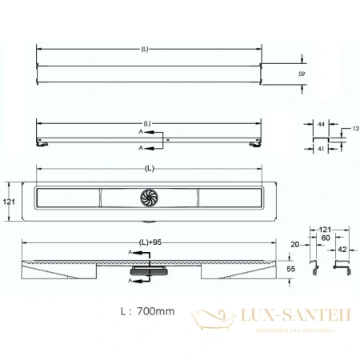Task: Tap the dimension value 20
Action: (294, 244)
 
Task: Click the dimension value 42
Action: (342, 250)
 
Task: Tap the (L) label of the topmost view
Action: (144, 50)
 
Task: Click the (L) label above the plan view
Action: (150, 170)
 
